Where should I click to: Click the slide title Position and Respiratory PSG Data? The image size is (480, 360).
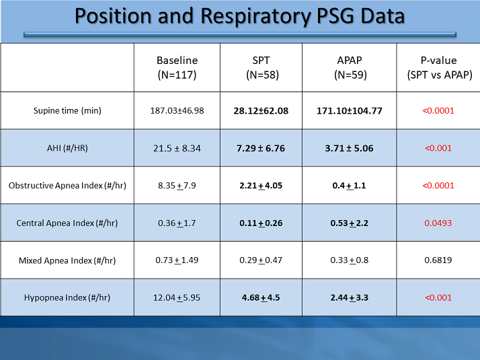tap(239, 16)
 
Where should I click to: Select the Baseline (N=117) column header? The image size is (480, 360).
tap(177, 67)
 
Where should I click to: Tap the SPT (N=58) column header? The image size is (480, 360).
tap(261, 67)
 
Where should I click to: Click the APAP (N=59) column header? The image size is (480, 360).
tap(349, 67)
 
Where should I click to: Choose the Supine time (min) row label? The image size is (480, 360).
tap(67, 110)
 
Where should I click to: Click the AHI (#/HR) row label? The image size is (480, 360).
tap(67, 148)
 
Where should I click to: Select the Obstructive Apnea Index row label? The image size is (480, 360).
tap(67, 185)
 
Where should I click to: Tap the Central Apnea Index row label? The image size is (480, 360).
tap(67, 223)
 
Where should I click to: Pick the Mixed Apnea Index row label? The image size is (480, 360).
tap(67, 260)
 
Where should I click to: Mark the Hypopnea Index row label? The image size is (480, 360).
tap(67, 297)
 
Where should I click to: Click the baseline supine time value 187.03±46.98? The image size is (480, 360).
tap(177, 110)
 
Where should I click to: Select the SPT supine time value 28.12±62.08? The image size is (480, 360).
tap(261, 110)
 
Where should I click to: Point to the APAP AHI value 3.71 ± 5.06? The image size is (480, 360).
tap(349, 148)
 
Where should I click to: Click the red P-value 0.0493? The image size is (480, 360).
tap(438, 223)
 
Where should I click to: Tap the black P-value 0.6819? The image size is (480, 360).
tap(438, 260)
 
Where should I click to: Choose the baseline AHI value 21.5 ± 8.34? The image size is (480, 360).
tap(177, 148)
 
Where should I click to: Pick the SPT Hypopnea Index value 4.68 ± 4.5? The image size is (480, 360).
tap(261, 297)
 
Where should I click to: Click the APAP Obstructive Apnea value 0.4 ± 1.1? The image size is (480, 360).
tap(349, 185)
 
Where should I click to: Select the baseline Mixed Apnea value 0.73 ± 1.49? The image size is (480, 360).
tap(177, 260)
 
